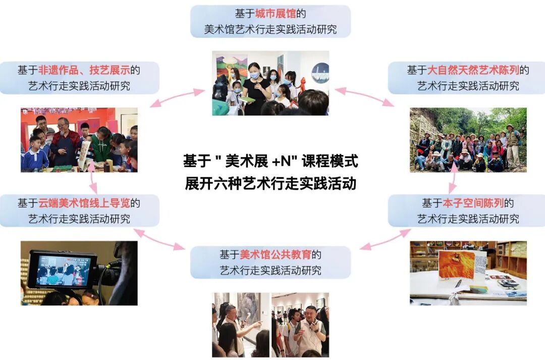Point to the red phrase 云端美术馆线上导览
click(84, 203)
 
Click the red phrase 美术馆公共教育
click(276, 254)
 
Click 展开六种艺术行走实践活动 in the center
click(270, 183)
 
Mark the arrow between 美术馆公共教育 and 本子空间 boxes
click(386, 239)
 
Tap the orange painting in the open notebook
click(456, 265)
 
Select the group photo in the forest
click(468, 140)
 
